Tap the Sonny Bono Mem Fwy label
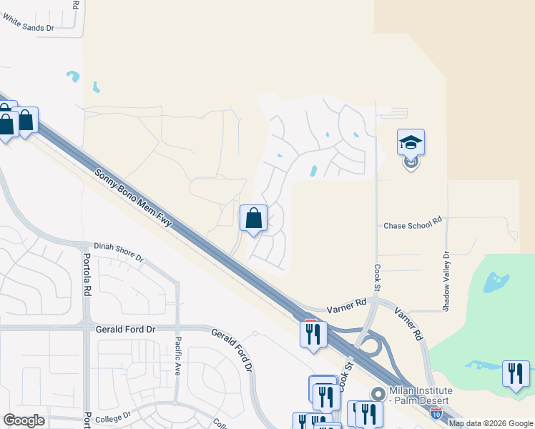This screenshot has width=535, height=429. click(134, 198)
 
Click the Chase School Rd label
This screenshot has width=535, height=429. click(413, 225)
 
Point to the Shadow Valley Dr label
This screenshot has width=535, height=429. click(446, 281)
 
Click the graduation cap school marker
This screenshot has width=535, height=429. click(411, 142)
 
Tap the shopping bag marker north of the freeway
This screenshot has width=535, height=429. click(254, 218)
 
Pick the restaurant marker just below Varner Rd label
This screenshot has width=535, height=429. click(313, 334)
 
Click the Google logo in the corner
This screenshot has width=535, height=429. click(24, 420)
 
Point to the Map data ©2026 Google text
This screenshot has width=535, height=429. click(491, 423)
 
